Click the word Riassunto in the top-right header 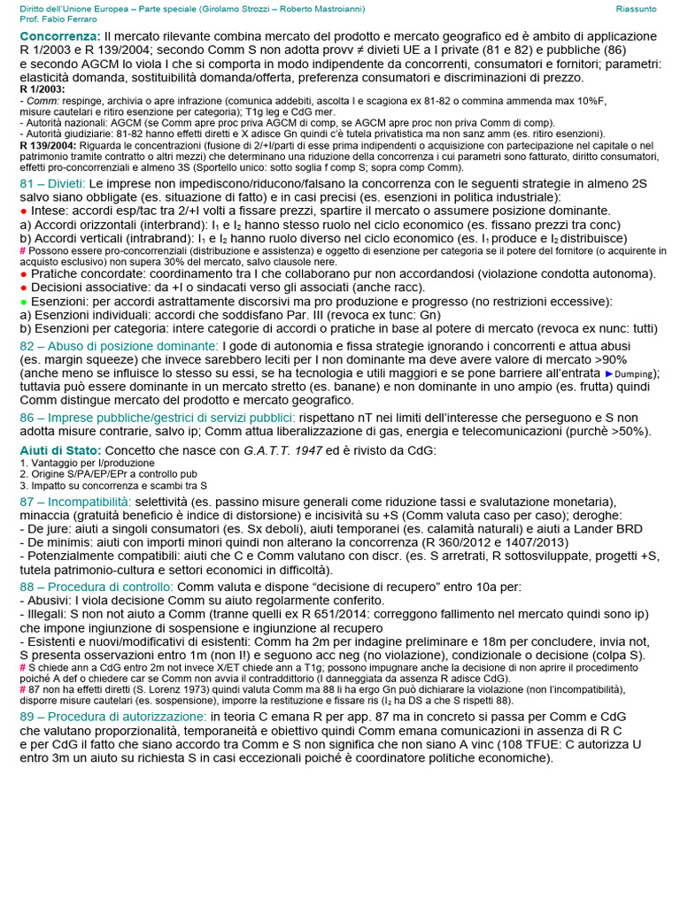coord(636,8)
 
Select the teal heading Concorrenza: coord(60,35)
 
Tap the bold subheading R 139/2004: coord(48,145)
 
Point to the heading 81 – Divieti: coord(52,183)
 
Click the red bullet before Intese coord(23,211)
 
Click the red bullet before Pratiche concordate coord(23,273)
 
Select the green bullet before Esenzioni coord(23,302)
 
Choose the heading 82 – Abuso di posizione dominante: coord(119,345)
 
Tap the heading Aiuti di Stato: coord(60,450)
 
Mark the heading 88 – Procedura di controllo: coord(97,587)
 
